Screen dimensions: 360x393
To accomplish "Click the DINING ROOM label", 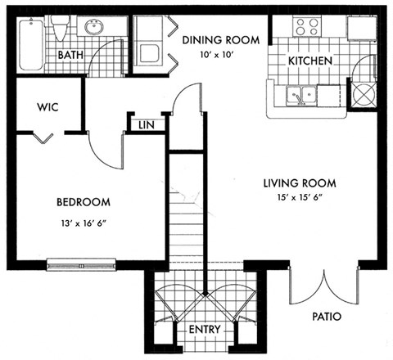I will coord(220,39).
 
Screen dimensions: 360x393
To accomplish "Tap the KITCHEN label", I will coord(309,61).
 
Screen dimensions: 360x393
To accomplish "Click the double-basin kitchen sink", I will coord(300,95).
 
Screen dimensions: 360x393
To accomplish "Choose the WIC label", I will coord(47,108).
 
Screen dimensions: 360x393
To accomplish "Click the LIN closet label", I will coord(147,124).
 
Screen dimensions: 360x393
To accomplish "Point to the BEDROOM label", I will coord(84,202).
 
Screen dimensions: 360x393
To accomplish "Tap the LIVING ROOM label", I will coord(300,182).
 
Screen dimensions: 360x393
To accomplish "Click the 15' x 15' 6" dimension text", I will coord(300,197).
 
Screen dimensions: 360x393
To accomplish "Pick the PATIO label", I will coord(325,316).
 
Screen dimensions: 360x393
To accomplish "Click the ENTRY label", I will coord(205,329).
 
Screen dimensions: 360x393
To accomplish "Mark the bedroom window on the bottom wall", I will coord(82,264).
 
